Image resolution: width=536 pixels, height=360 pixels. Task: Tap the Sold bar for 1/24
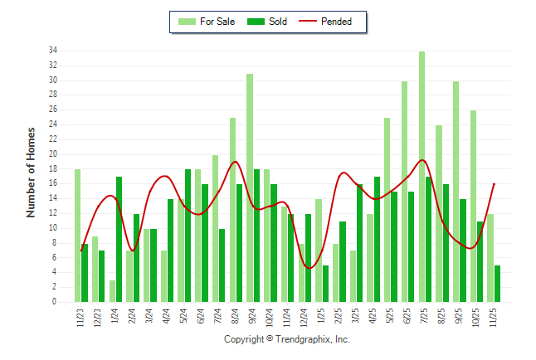click(x=119, y=240)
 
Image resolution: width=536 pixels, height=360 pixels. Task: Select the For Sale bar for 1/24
click(x=112, y=291)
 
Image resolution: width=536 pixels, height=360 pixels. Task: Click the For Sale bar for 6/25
click(x=405, y=192)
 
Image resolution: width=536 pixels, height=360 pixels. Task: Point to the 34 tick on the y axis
click(x=52, y=51)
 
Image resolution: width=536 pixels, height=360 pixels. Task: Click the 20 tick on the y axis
click(x=52, y=154)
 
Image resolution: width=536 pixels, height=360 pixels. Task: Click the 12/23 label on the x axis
click(x=95, y=319)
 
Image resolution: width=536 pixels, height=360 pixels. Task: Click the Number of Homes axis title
click(x=31, y=173)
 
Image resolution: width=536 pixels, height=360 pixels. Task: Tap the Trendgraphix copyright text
click(x=287, y=339)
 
